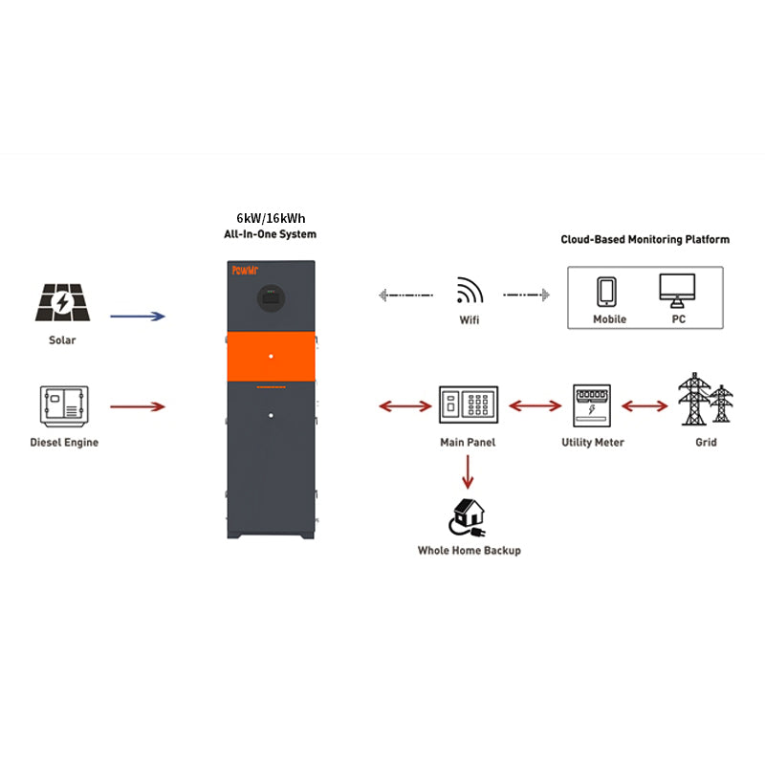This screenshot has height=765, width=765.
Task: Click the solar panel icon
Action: pyautogui.click(x=63, y=304)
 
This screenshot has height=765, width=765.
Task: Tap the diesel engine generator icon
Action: pyautogui.click(x=64, y=405)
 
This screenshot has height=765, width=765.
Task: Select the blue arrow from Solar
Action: pyautogui.click(x=138, y=315)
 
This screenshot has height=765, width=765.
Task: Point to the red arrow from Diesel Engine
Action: pyautogui.click(x=138, y=407)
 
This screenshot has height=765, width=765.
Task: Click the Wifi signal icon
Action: pyautogui.click(x=469, y=291)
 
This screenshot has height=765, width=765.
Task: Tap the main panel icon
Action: pyautogui.click(x=468, y=405)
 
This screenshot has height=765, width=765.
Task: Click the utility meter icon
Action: pyautogui.click(x=592, y=406)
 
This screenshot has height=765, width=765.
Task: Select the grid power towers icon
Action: pyautogui.click(x=706, y=401)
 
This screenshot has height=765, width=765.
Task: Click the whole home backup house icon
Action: pyautogui.click(x=468, y=516)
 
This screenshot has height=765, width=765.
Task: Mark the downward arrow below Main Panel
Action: pyautogui.click(x=468, y=471)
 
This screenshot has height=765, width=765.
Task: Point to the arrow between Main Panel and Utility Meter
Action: pyautogui.click(x=535, y=406)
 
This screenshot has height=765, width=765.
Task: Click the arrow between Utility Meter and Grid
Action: pyautogui.click(x=645, y=406)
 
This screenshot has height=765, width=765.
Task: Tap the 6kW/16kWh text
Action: pyautogui.click(x=263, y=217)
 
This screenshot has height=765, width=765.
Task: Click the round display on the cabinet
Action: pyautogui.click(x=270, y=298)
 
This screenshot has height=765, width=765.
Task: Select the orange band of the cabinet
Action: pyautogui.click(x=270, y=356)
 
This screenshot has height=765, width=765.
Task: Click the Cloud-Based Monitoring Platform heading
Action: pyautogui.click(x=645, y=239)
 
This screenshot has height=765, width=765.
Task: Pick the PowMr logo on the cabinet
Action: pyautogui.click(x=247, y=271)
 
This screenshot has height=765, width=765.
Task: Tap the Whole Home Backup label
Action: pyautogui.click(x=469, y=551)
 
